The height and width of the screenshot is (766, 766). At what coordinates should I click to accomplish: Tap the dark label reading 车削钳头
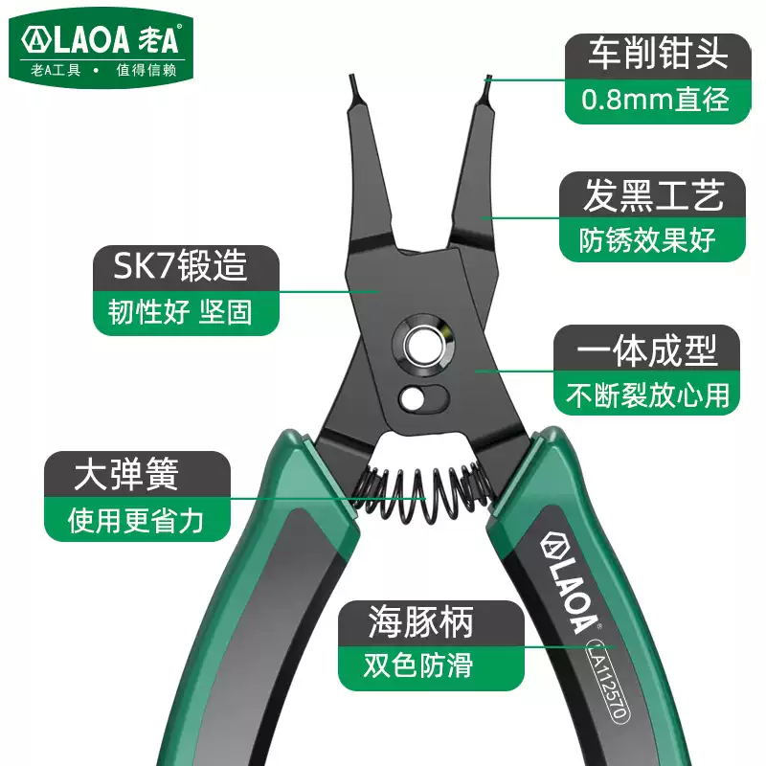654,55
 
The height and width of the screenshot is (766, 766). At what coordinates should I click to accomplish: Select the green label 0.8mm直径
654,99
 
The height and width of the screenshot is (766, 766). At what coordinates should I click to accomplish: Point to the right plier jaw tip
487,86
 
